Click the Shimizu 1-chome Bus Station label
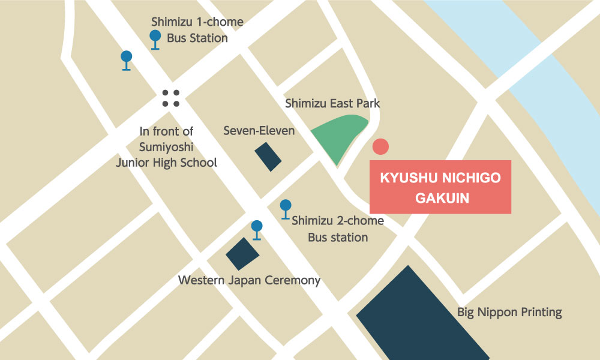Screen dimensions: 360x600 [x=197, y=30]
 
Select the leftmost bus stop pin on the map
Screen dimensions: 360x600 [x=126, y=58]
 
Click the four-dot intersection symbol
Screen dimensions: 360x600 [x=171, y=98]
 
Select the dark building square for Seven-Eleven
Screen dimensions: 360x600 [x=268, y=157]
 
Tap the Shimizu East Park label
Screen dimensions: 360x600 [x=332, y=104]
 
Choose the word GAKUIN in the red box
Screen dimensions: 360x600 [x=440, y=198]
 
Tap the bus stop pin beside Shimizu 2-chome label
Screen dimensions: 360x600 [x=286, y=207]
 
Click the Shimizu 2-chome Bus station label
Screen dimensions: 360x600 [x=338, y=229]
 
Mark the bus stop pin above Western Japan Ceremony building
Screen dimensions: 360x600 [x=257, y=227]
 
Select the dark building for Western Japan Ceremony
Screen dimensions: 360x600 [x=242, y=254]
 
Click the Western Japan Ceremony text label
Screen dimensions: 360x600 [x=250, y=280]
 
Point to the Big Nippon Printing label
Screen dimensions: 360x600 [x=509, y=312]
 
